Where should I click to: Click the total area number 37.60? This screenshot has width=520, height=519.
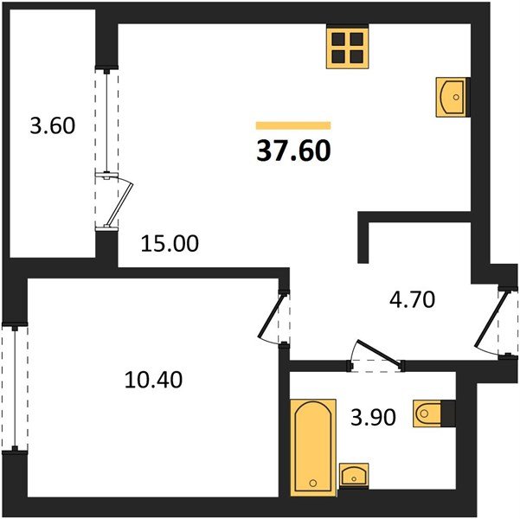pyautogui.click(x=293, y=151)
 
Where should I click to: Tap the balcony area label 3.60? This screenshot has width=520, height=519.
pyautogui.click(x=53, y=125)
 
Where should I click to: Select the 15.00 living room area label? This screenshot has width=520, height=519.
pyautogui.click(x=170, y=243)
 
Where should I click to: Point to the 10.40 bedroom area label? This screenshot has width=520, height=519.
pyautogui.click(x=153, y=380)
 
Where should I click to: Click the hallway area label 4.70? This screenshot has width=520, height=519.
pyautogui.click(x=412, y=299)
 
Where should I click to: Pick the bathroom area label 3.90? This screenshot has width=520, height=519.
pyautogui.click(x=374, y=417)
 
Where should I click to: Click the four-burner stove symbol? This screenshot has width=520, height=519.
pyautogui.click(x=348, y=48)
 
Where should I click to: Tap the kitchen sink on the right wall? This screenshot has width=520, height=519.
pyautogui.click(x=451, y=97)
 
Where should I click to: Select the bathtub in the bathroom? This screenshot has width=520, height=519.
pyautogui.click(x=313, y=447)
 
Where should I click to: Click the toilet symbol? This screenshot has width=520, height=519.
pyautogui.click(x=427, y=413)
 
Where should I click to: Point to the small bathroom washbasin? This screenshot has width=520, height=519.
pyautogui.click(x=354, y=475)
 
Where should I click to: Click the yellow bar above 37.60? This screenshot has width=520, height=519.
pyautogui.click(x=293, y=125)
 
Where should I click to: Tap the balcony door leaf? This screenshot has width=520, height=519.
pyautogui.click(x=119, y=204)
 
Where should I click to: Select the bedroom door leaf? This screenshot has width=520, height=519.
pyautogui.click(x=272, y=315)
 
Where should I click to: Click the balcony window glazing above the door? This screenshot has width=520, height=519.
pyautogui.click(x=106, y=122)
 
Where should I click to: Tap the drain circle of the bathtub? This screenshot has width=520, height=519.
pyautogui.click(x=313, y=483)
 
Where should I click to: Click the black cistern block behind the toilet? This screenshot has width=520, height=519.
pyautogui.click(x=448, y=413)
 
